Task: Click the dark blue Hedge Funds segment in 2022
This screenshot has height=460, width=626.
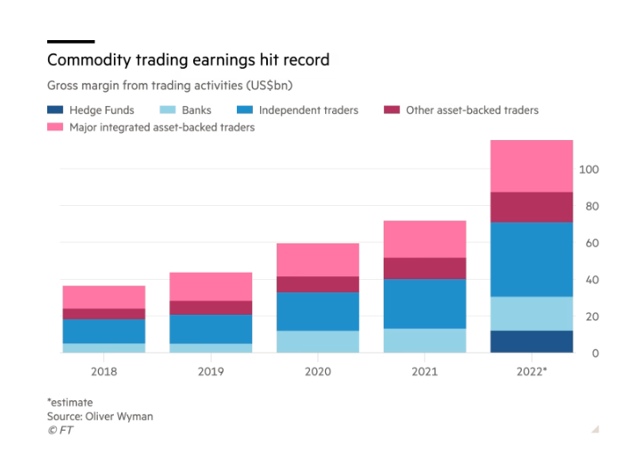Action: tap(532, 341)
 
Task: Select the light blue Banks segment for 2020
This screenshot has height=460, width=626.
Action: tap(318, 341)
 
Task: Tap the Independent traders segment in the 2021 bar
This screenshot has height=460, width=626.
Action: tap(425, 304)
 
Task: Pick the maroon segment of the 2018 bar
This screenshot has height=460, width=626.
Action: tap(104, 314)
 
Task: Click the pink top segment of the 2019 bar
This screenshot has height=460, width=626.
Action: tap(211, 286)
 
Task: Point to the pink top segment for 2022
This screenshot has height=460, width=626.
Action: tap(532, 166)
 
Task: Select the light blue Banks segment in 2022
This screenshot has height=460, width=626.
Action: tap(532, 314)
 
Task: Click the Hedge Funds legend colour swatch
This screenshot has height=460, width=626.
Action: tap(55, 110)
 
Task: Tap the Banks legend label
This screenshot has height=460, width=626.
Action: tap(197, 110)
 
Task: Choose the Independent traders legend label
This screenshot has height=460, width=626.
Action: tap(309, 110)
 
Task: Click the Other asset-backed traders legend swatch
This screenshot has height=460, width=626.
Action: tap(392, 110)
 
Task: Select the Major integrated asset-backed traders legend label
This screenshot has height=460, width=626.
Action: tap(162, 127)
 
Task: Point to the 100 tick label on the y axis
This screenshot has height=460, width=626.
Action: tap(589, 169)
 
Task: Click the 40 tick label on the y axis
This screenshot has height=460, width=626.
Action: tap(592, 280)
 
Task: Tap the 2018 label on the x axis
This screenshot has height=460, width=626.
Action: tap(104, 372)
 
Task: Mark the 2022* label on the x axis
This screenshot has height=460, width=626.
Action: tap(532, 372)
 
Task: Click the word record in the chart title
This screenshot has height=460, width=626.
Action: tap(306, 60)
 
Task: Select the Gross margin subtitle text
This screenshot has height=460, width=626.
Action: tap(170, 86)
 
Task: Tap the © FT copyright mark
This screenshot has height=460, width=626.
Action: tap(61, 430)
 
